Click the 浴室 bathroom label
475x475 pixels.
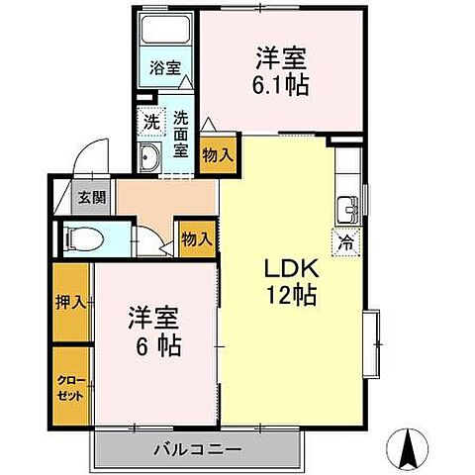(165, 68)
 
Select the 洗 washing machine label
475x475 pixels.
(150, 123)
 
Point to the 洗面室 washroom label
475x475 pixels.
(181, 134)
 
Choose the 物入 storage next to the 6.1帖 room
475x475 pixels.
(216, 153)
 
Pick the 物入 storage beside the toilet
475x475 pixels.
(196, 237)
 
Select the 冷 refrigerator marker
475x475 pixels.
(347, 239)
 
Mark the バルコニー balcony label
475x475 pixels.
(197, 450)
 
